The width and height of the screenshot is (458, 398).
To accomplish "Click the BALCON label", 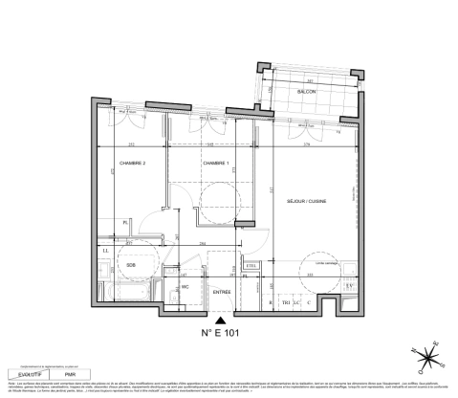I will (x=306, y=91).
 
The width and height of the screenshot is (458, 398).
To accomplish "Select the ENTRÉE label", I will (x=221, y=292).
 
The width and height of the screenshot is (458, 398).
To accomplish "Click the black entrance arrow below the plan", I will (x=222, y=320).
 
